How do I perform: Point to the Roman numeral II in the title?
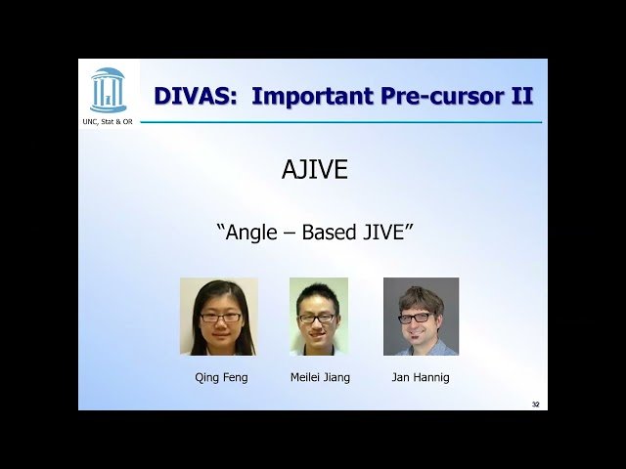tap(520, 96)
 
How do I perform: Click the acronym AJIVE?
tap(315, 170)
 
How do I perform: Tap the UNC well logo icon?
tap(108, 90)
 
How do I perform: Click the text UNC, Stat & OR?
tap(108, 121)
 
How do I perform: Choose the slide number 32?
tap(535, 404)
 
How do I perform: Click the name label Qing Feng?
tap(221, 377)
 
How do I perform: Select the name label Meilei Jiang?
tap(320, 377)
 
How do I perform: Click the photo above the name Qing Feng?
tap(219, 317)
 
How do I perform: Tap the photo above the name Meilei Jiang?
tap(319, 317)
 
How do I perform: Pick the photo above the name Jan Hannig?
tap(421, 317)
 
